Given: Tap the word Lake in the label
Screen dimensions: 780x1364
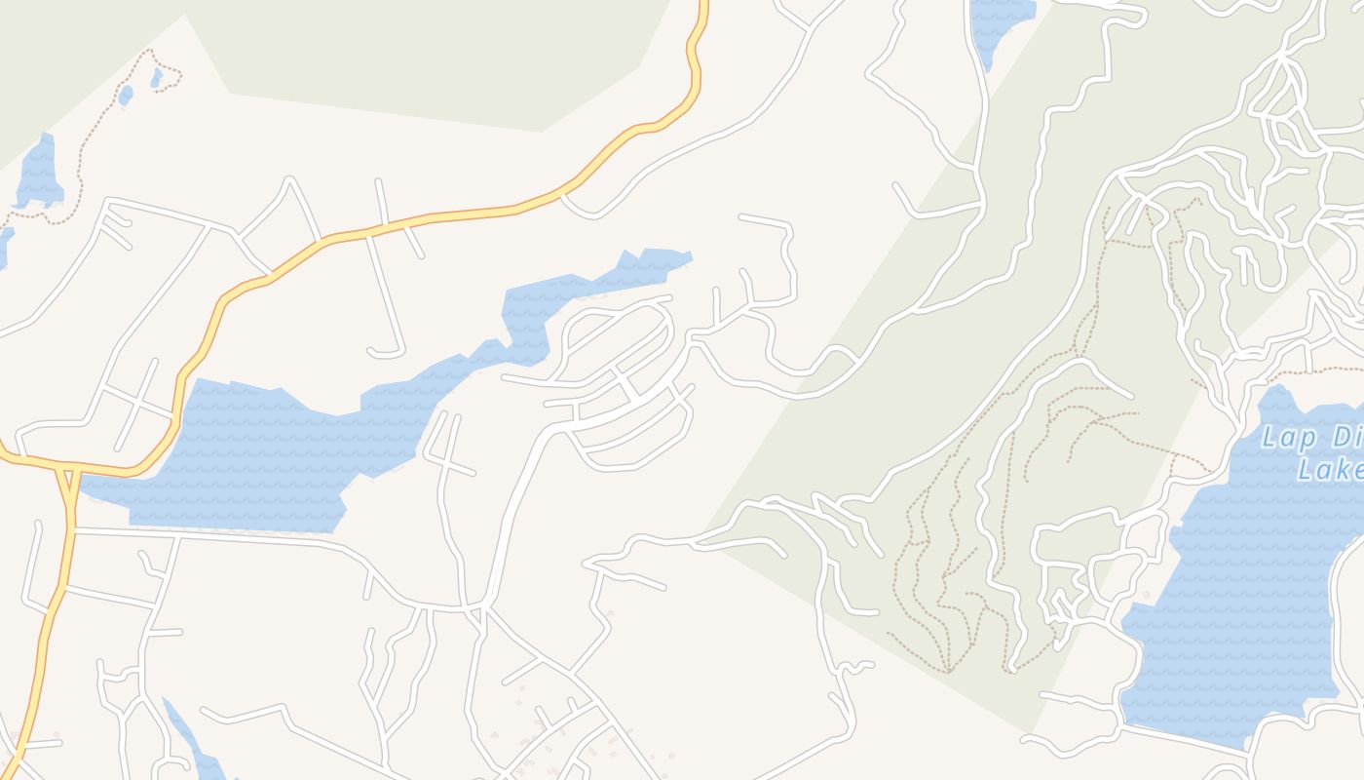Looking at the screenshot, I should coord(1331,470).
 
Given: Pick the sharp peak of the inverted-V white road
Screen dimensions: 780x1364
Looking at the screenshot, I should coord(288,179).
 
